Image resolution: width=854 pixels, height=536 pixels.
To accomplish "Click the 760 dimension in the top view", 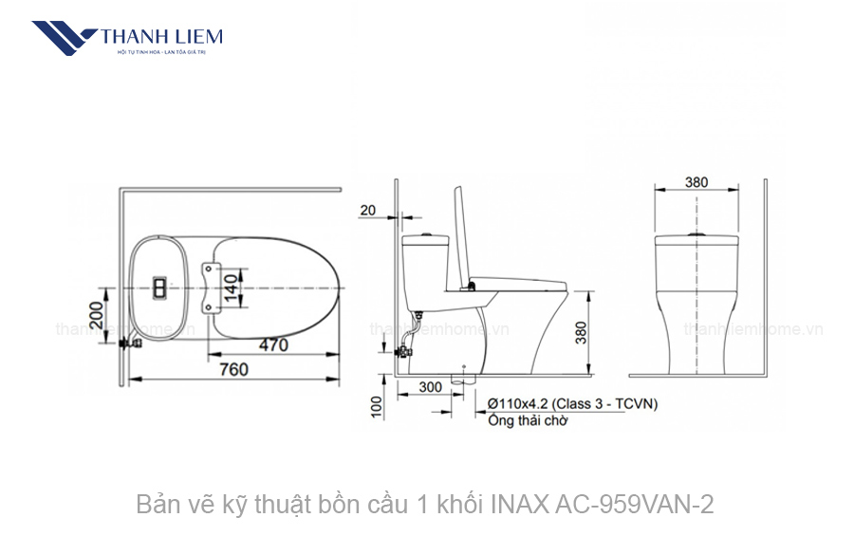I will coord(234,369).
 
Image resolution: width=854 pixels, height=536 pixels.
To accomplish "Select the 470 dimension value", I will coord(272,345).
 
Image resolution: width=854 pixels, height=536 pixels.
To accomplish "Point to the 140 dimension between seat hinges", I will coord(229,285).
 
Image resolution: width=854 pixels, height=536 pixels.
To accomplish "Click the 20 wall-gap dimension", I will coord(367,210).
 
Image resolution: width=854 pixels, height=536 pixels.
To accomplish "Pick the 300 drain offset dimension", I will coord(430,387).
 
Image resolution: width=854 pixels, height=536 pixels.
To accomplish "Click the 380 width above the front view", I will coord(696,182).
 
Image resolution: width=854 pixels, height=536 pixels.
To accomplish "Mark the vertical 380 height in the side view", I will coord(581,331).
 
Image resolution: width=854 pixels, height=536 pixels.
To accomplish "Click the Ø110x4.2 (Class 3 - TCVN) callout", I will coord(572,403).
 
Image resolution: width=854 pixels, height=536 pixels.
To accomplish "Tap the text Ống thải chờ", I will coord(528,420).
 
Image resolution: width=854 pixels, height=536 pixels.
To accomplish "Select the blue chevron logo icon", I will coord(65,39).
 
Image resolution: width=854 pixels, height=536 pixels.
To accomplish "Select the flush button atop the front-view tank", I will coord(696,232).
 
